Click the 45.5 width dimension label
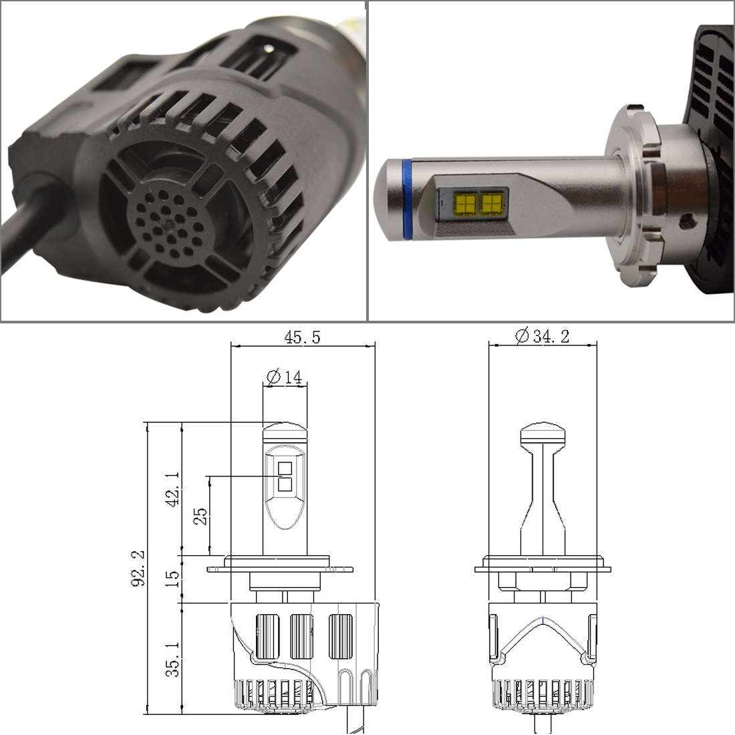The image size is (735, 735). click(302, 337)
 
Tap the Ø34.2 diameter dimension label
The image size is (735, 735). click(543, 335)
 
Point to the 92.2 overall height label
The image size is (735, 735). click(138, 568)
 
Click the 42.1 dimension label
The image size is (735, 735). click(172, 489)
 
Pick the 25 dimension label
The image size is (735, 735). click(200, 516)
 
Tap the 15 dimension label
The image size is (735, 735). click(172, 579)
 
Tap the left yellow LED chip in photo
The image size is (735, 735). click(466, 204)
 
